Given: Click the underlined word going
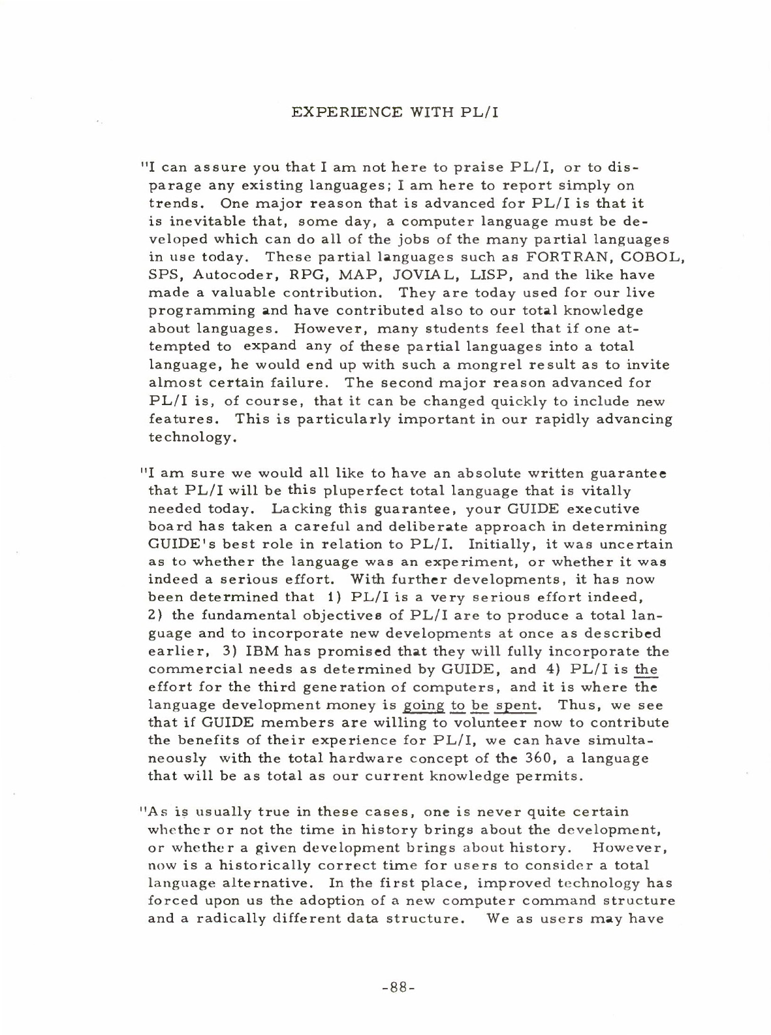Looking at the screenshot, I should [424, 706].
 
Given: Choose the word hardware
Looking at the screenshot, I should [344, 759].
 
